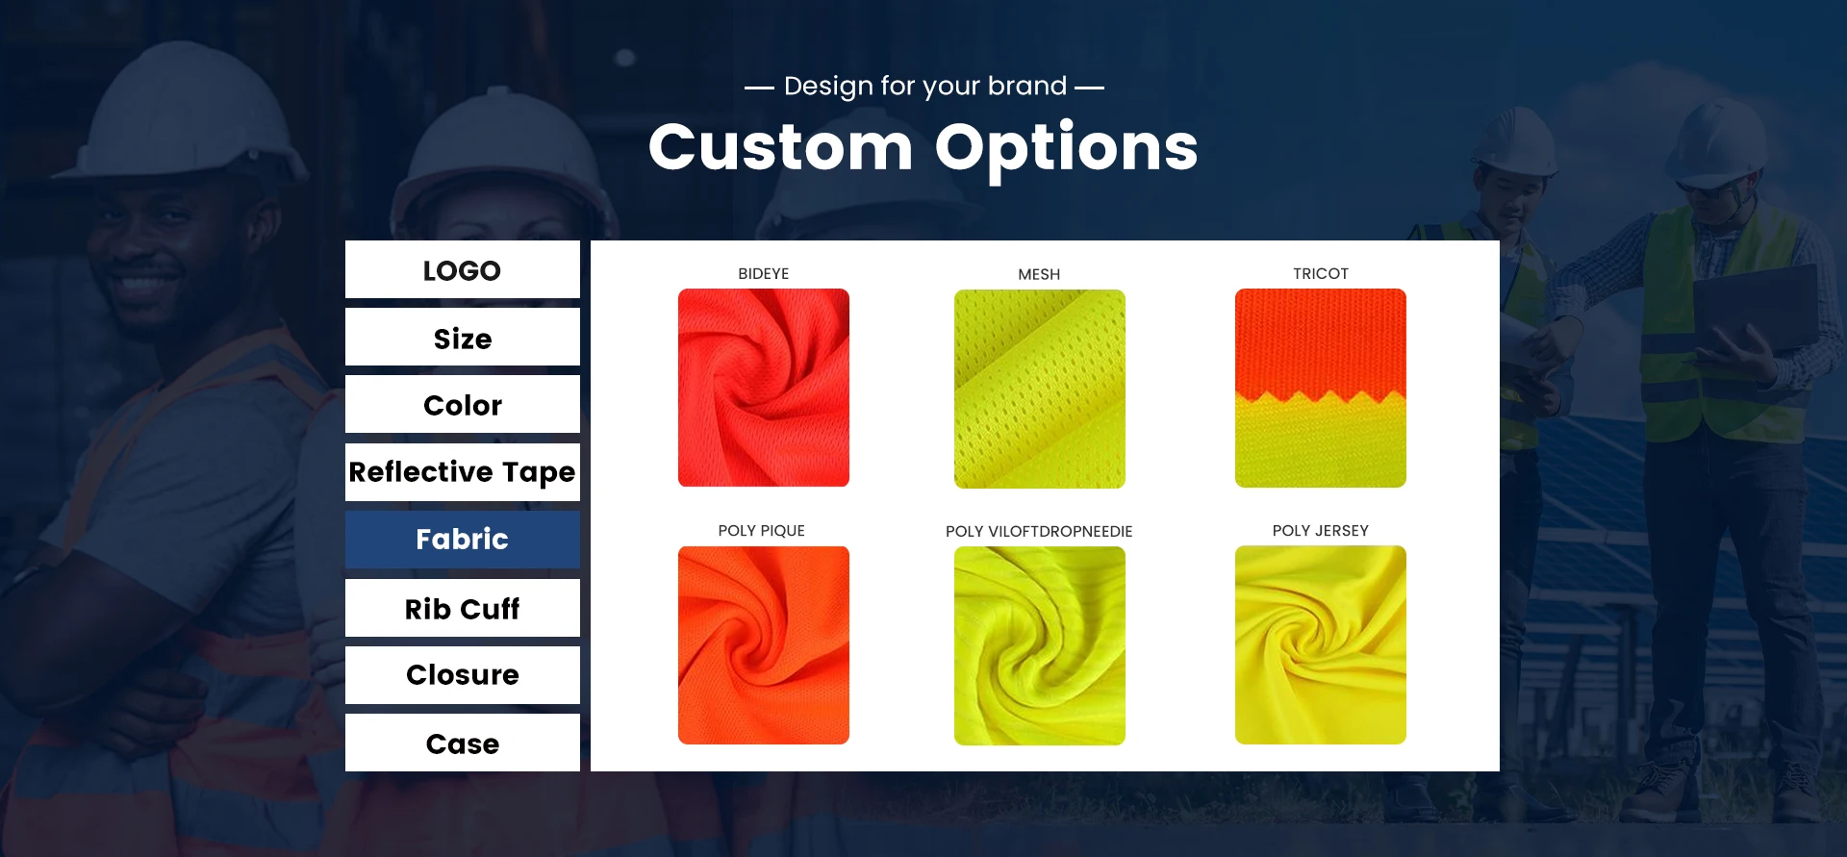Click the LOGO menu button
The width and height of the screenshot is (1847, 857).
click(462, 269)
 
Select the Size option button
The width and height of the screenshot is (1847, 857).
click(462, 337)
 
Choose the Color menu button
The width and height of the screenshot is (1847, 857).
click(462, 404)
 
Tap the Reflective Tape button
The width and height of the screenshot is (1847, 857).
click(462, 471)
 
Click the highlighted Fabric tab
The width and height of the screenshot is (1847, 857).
click(462, 540)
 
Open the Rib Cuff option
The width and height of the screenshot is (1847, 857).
click(462, 608)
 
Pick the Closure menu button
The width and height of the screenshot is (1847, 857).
click(462, 675)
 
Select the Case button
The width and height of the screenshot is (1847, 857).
click(462, 743)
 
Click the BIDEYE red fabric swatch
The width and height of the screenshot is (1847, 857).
click(764, 388)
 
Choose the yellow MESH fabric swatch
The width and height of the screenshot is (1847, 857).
click(1040, 389)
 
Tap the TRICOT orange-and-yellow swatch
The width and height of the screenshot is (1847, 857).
click(1321, 388)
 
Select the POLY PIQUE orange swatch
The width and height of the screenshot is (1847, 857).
click(764, 645)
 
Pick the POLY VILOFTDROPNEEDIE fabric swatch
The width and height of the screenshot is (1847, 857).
click(1040, 645)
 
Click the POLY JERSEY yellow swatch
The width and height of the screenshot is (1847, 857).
click(1321, 644)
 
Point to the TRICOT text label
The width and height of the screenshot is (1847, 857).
click(1321, 273)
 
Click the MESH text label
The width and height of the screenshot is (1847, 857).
click(1039, 274)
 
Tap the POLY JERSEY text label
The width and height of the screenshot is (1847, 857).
click(1320, 530)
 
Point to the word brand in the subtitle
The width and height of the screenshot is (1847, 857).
click(1027, 86)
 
